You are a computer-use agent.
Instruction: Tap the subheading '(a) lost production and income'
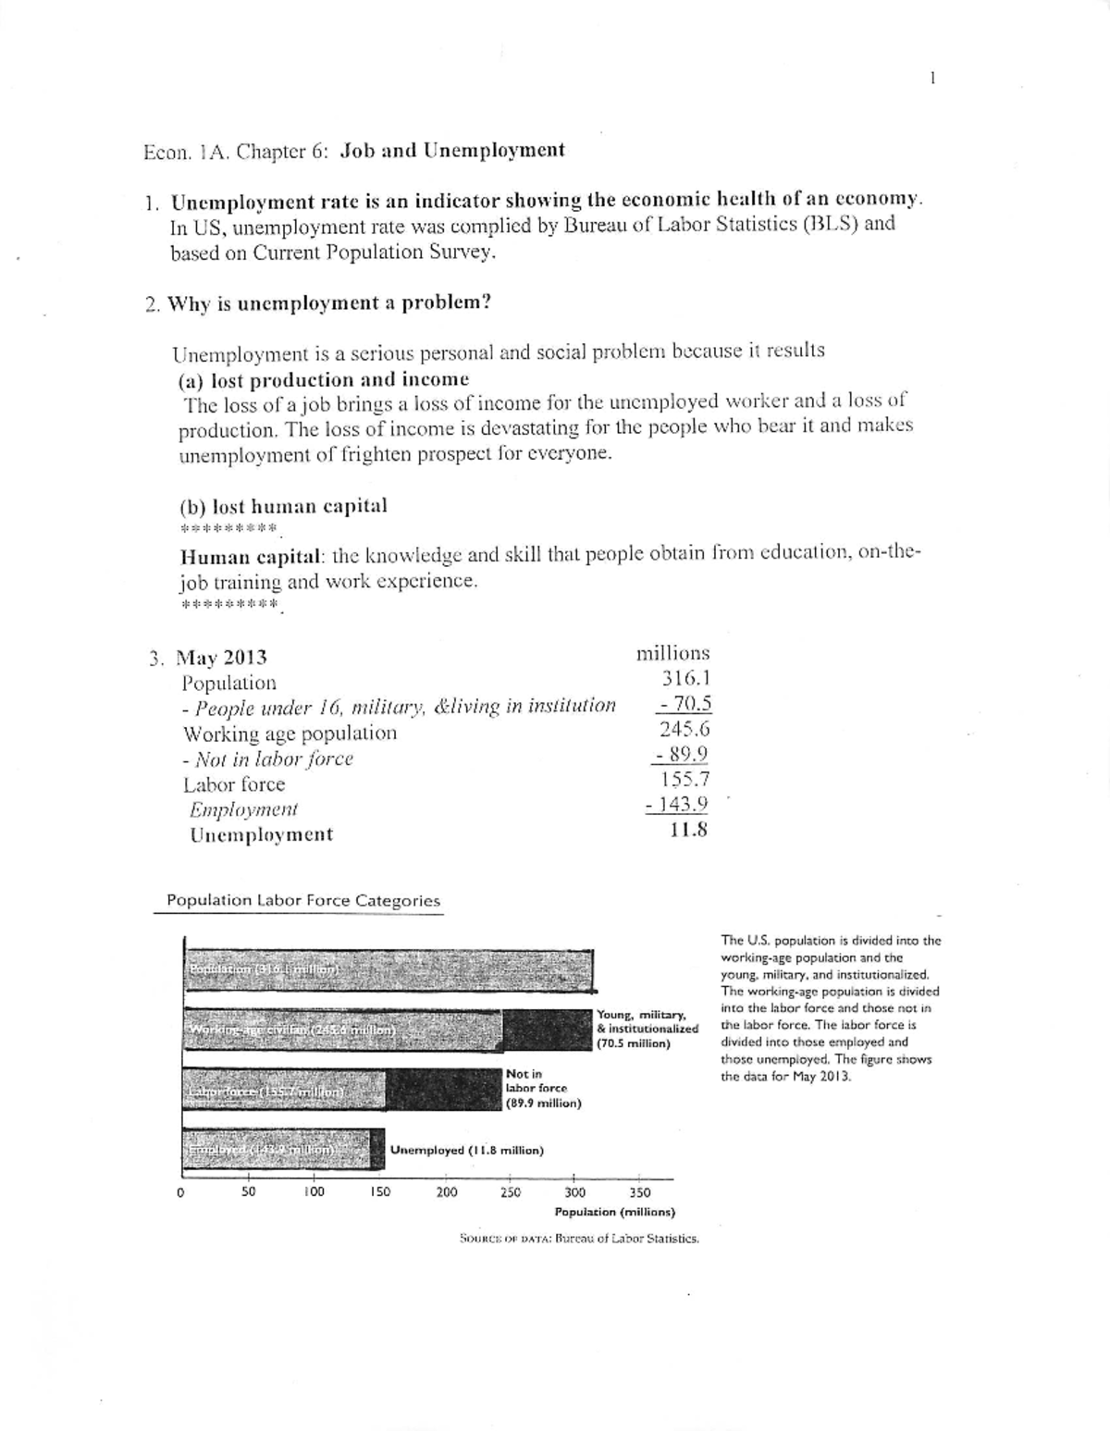(x=323, y=380)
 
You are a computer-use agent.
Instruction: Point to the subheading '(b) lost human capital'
(x=282, y=507)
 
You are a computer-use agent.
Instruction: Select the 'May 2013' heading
(x=221, y=658)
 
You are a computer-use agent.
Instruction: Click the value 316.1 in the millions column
(x=685, y=678)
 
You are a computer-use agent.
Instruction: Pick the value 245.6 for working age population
(x=684, y=728)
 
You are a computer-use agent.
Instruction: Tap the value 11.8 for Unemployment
(x=688, y=829)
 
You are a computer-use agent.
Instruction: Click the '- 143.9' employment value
(x=677, y=804)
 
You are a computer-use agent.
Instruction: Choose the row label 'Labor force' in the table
(x=234, y=784)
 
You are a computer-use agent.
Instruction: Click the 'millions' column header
(x=672, y=653)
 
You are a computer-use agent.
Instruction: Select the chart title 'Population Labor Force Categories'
(x=302, y=901)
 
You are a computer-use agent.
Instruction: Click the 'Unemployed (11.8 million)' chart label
(x=467, y=1150)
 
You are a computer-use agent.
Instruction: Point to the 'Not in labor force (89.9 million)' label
(x=542, y=1089)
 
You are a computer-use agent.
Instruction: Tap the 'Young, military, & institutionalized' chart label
(x=647, y=1029)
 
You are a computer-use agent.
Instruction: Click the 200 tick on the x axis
(x=447, y=1192)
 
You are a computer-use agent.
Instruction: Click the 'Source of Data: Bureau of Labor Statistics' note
(x=579, y=1238)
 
